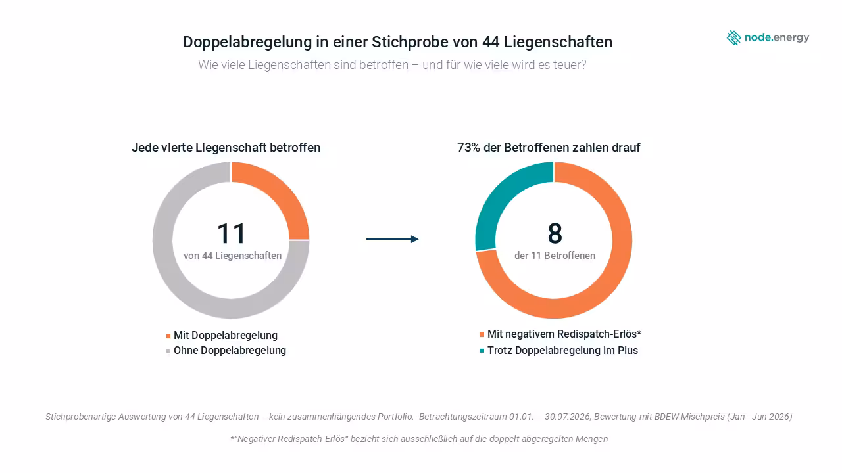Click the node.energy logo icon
(x=733, y=37)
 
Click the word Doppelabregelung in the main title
(x=247, y=42)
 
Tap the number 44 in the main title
(x=491, y=42)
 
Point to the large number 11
(x=231, y=233)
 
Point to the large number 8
(x=555, y=233)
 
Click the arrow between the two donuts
(x=393, y=239)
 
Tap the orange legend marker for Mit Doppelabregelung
(x=168, y=336)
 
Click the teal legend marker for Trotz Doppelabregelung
(x=482, y=351)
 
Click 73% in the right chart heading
(x=468, y=148)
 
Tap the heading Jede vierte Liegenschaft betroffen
(x=226, y=148)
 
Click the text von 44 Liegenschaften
(x=232, y=256)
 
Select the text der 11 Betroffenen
(x=555, y=256)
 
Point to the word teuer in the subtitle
(x=570, y=65)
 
